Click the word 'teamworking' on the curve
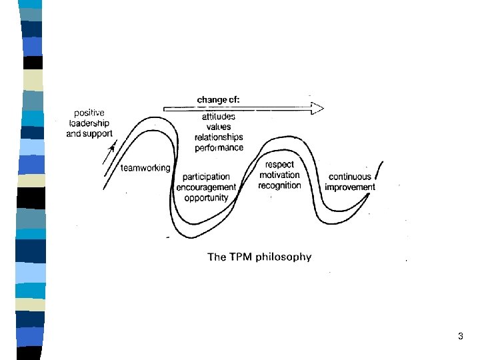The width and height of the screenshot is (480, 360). point(145,168)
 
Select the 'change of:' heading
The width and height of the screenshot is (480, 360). point(218,100)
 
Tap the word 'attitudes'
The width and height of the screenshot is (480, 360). point(218,117)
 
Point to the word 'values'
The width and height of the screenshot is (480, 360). point(219,127)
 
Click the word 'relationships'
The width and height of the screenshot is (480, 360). point(219,137)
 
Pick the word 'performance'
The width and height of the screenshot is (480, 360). point(219,147)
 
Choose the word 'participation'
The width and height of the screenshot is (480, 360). point(206,177)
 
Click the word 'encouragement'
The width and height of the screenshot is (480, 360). point(206,187)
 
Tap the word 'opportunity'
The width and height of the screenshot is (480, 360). point(206,197)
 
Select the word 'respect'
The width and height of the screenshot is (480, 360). point(279,165)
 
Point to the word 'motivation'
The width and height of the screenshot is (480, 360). point(280,175)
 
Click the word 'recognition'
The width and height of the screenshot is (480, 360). point(280,185)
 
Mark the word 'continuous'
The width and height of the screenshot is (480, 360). point(350,177)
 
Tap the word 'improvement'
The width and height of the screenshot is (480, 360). point(350,187)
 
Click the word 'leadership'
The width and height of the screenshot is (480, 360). point(89,123)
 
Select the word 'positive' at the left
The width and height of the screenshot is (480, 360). point(89,113)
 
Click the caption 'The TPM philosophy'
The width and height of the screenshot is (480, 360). point(259,257)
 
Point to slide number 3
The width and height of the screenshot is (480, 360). point(460,337)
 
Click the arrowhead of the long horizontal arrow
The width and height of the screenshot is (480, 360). point(318,108)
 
